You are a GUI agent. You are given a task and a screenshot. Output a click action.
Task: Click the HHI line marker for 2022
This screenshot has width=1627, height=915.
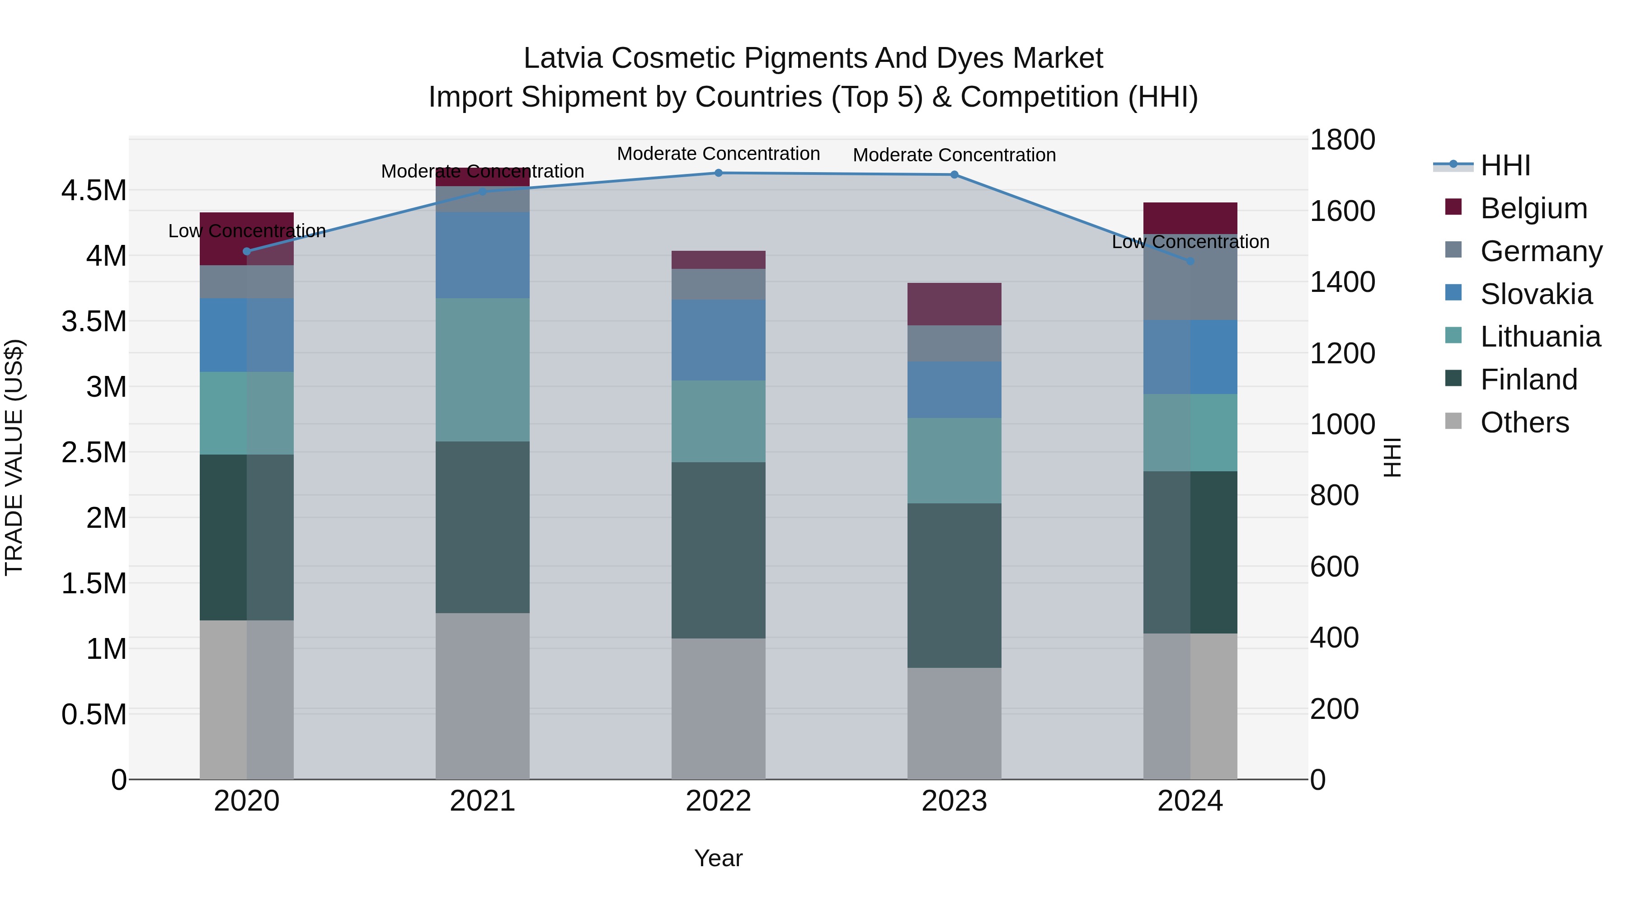[x=718, y=173]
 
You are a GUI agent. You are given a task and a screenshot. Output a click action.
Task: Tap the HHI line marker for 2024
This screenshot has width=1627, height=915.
[x=1190, y=261]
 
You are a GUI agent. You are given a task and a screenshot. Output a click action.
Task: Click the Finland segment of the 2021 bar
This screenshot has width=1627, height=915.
[x=483, y=527]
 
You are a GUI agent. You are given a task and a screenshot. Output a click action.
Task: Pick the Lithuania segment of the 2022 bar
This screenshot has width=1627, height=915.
[x=718, y=421]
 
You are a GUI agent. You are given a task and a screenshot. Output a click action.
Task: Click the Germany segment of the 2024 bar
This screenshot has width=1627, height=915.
[x=1190, y=277]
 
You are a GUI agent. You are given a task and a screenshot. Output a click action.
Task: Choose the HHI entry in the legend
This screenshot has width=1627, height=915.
[x=1505, y=165]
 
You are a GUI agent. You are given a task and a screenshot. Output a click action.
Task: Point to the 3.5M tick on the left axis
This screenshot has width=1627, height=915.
[x=94, y=321]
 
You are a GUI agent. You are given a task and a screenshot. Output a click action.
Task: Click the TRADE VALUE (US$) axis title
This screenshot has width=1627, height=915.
[x=14, y=457]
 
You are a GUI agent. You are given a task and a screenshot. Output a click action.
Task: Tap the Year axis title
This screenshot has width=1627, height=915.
[x=718, y=858]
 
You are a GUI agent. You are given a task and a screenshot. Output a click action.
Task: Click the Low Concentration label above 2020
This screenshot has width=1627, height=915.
[x=247, y=230]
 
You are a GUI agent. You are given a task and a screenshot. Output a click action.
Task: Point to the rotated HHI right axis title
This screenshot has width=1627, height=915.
[x=1392, y=457]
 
